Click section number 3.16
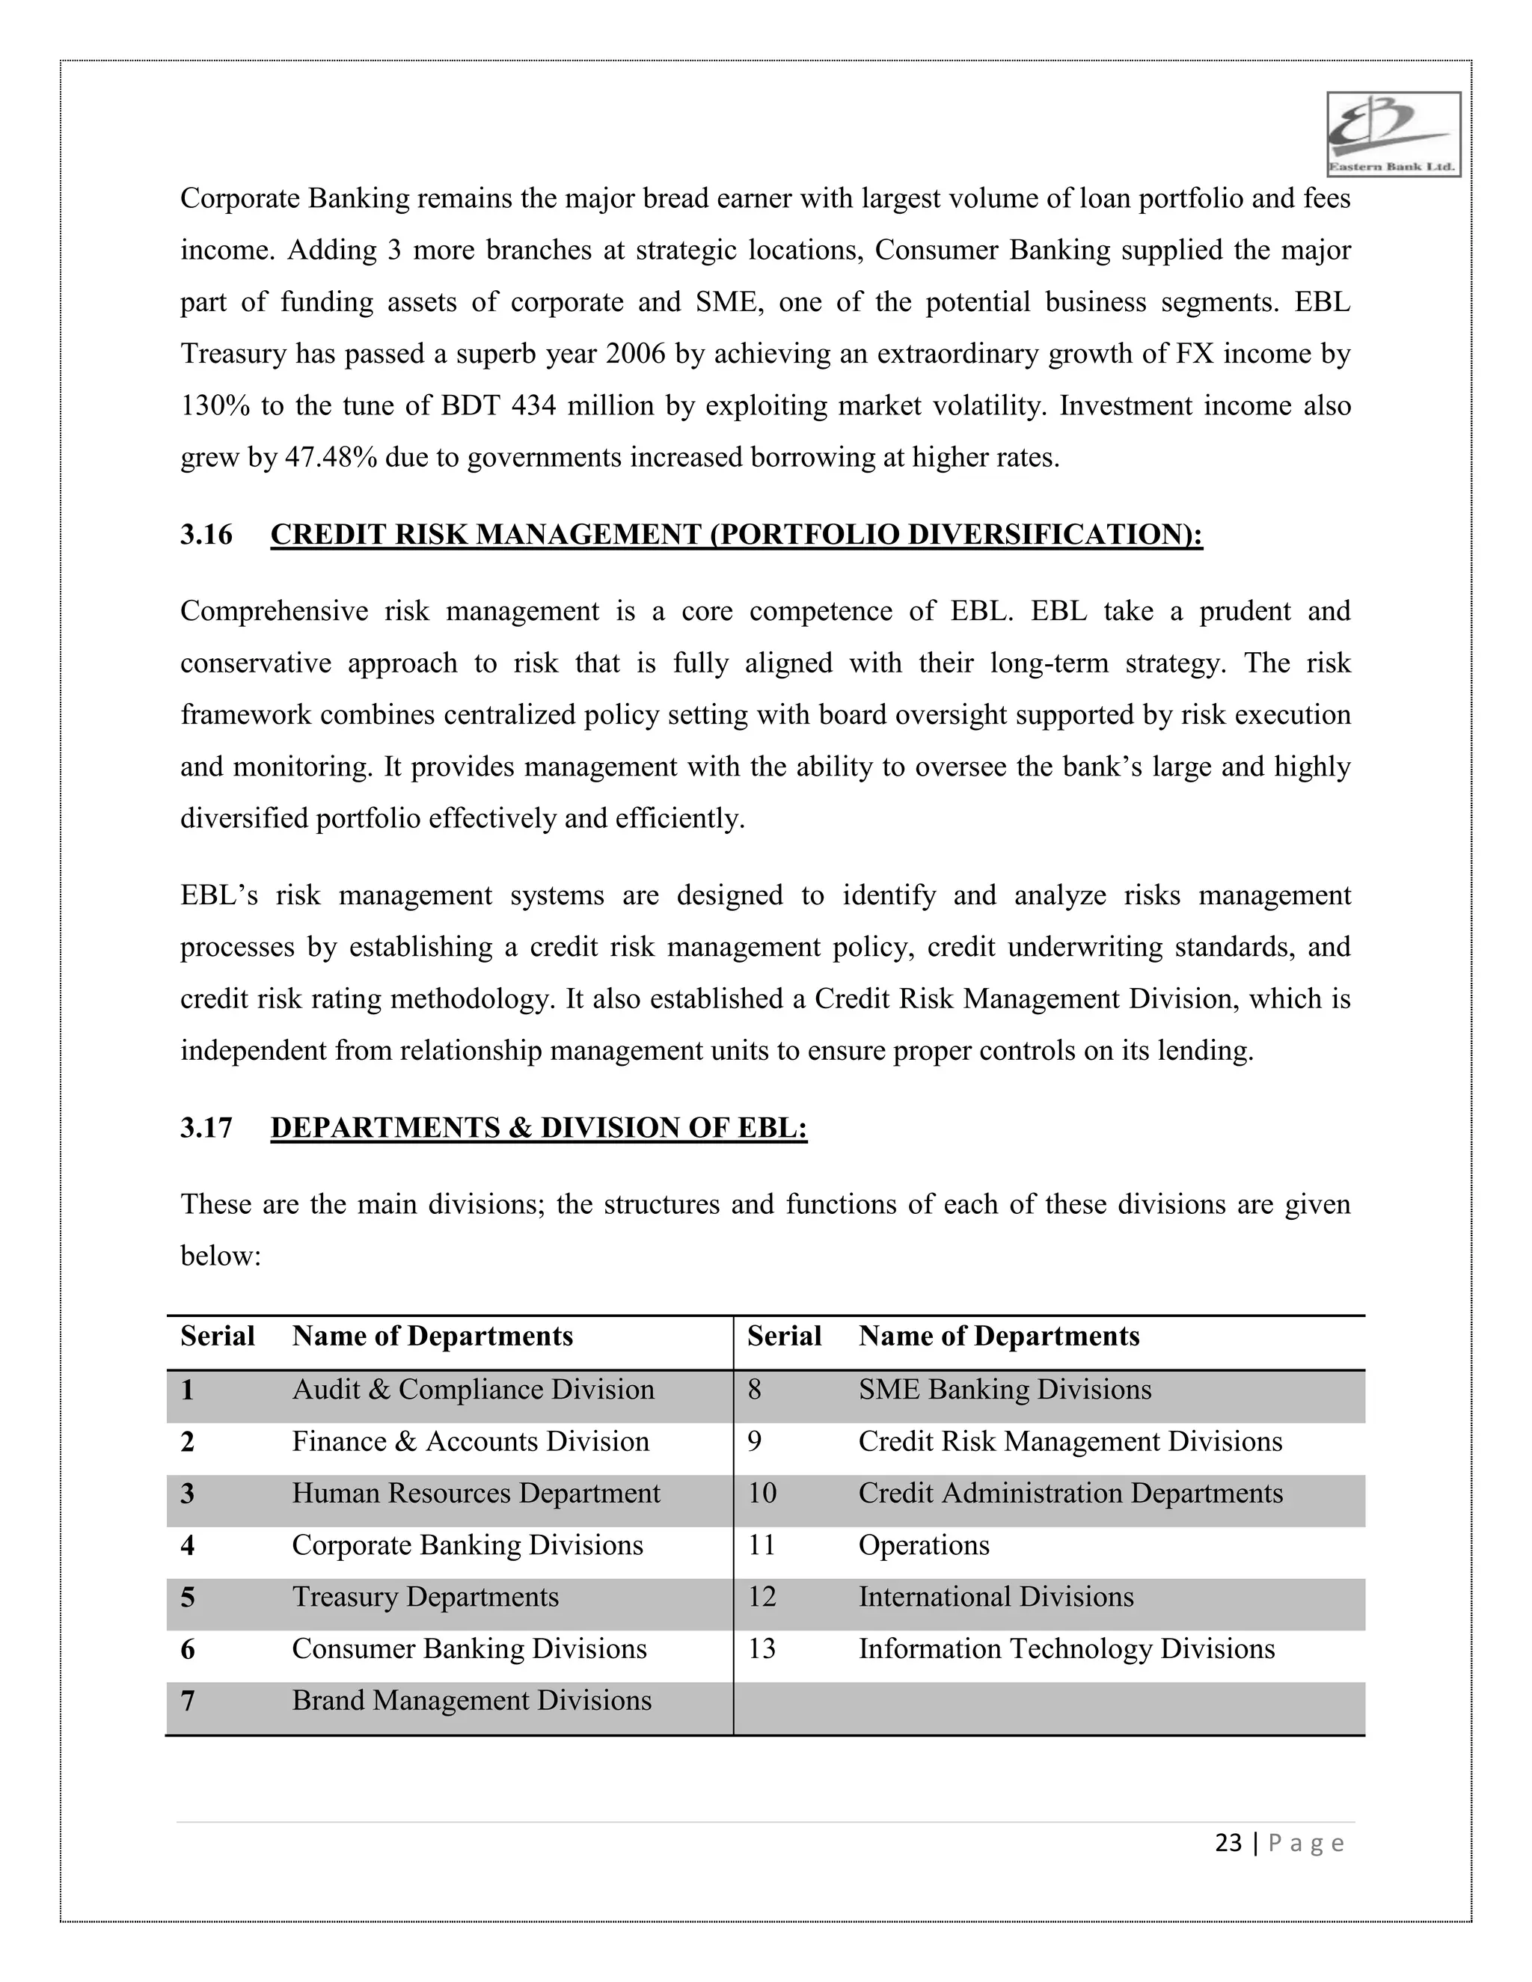tap(206, 535)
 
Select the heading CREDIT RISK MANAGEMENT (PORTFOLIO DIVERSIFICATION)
tap(736, 535)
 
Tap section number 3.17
tap(206, 1128)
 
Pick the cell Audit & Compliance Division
tap(473, 1390)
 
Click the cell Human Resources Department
tap(476, 1494)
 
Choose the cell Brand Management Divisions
tap(471, 1701)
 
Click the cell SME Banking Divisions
tap(1005, 1390)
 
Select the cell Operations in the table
tap(924, 1545)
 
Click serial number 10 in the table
tap(762, 1494)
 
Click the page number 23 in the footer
tap(1228, 1843)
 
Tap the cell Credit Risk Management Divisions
tap(1070, 1442)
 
